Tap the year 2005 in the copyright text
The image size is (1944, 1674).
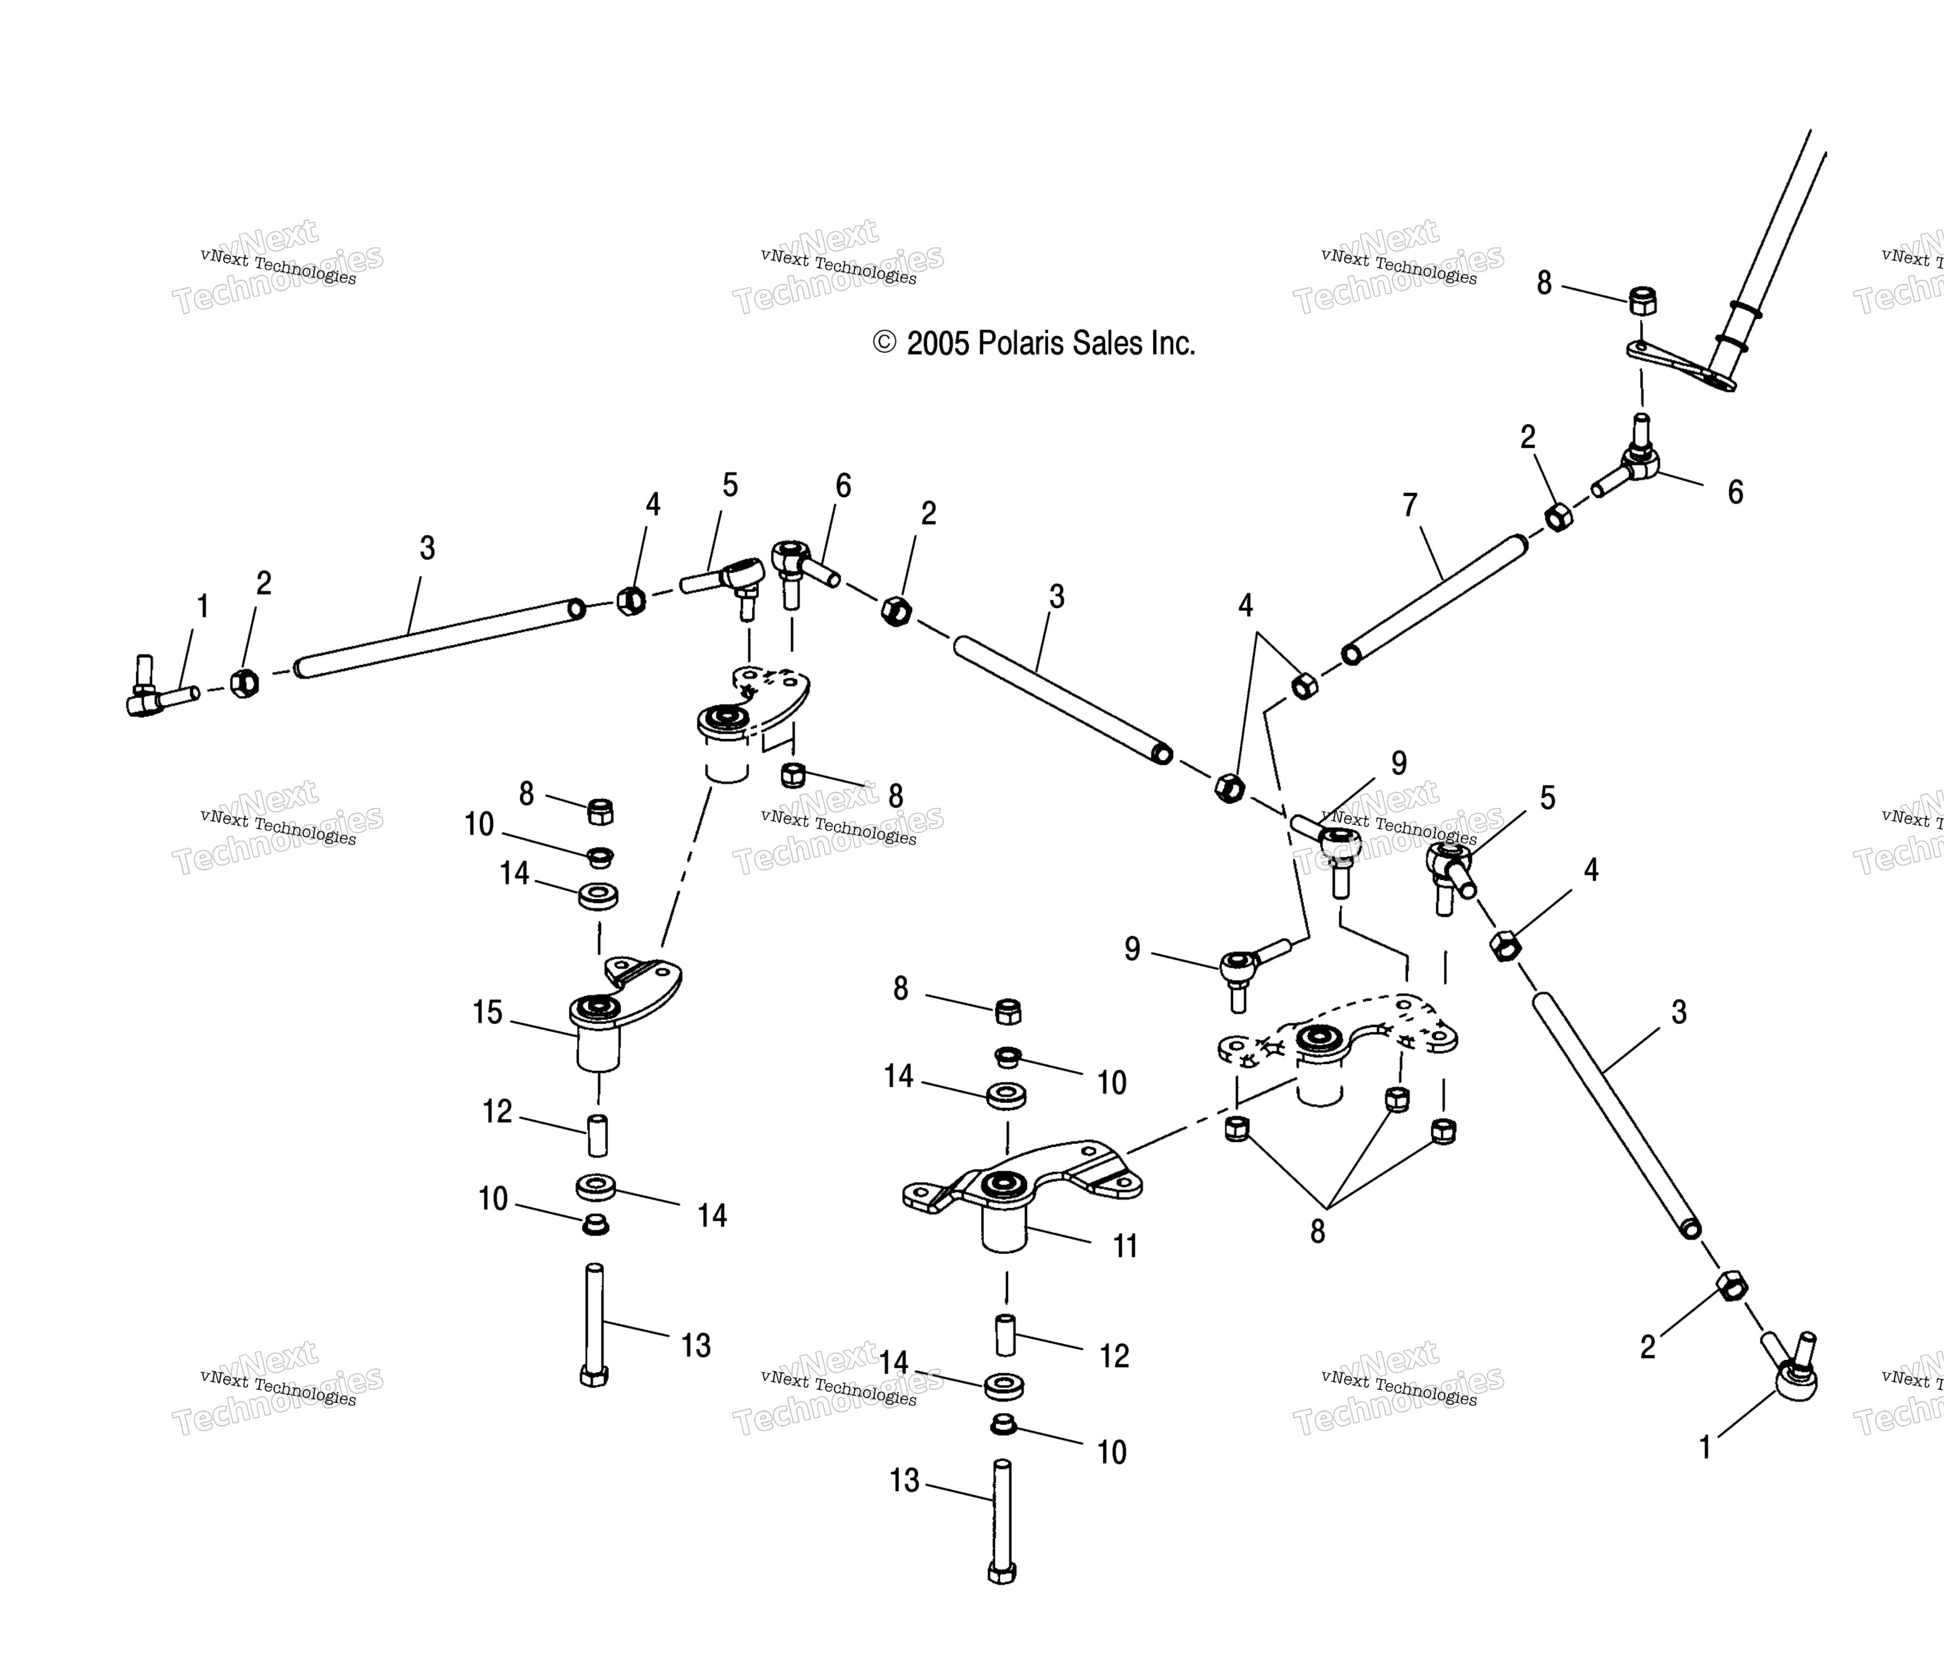(x=937, y=344)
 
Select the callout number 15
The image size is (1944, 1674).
(x=487, y=1013)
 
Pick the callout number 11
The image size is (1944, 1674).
(x=1125, y=1246)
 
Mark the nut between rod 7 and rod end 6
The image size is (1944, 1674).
(x=1558, y=517)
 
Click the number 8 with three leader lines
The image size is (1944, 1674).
(x=1318, y=1231)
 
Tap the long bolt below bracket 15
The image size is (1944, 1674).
(x=594, y=1324)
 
